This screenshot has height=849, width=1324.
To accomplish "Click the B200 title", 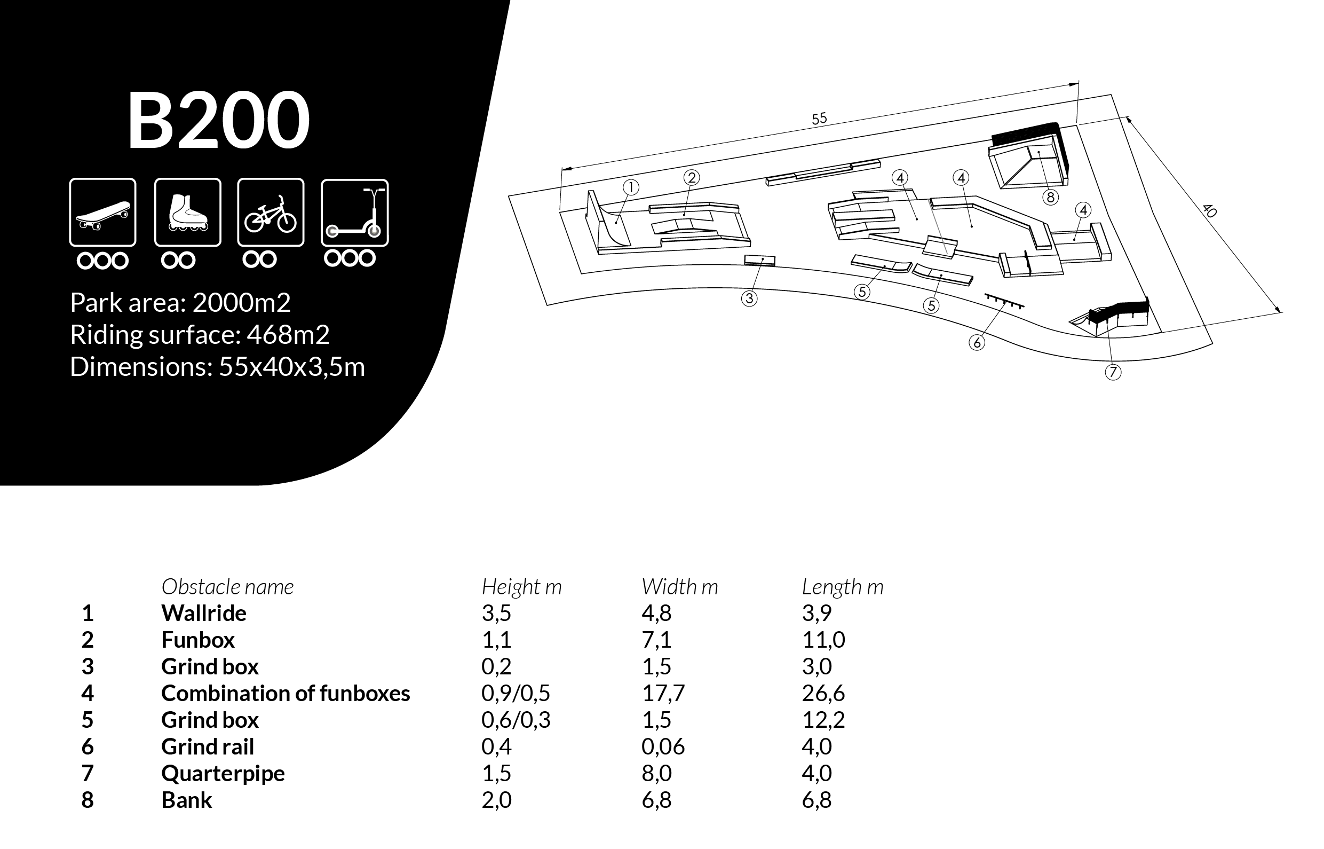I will pyautogui.click(x=219, y=120).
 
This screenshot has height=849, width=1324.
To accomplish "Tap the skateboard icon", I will pyautogui.click(x=102, y=213).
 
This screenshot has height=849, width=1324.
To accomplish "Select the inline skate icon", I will pyautogui.click(x=188, y=213).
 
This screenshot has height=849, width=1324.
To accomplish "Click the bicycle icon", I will pyautogui.click(x=271, y=213).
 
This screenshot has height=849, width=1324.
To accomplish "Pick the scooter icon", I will pyautogui.click(x=355, y=213).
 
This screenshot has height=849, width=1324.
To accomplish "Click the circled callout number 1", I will pyautogui.click(x=631, y=188).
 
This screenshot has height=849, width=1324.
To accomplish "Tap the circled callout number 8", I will pyautogui.click(x=1050, y=198).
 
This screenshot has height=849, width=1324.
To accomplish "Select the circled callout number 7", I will pyautogui.click(x=1113, y=373).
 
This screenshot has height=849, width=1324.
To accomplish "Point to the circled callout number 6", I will pyautogui.click(x=977, y=343).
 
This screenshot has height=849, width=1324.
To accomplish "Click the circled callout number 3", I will pyautogui.click(x=749, y=299).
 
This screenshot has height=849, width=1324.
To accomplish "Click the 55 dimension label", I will pyautogui.click(x=819, y=119).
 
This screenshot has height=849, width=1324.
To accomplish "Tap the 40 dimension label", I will pyautogui.click(x=1208, y=210).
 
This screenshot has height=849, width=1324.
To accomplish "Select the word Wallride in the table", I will pyautogui.click(x=204, y=613).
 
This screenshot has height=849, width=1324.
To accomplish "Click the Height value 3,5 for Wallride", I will pyautogui.click(x=496, y=613).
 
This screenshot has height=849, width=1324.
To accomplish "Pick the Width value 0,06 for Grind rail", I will pyautogui.click(x=663, y=746).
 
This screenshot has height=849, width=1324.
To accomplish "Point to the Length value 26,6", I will pyautogui.click(x=823, y=693).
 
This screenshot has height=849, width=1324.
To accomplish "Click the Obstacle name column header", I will pyautogui.click(x=227, y=587).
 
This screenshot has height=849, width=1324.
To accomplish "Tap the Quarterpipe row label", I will pyautogui.click(x=223, y=774).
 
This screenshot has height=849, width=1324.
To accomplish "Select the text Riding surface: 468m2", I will pyautogui.click(x=200, y=335).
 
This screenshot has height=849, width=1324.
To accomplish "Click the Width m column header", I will pyautogui.click(x=680, y=587).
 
